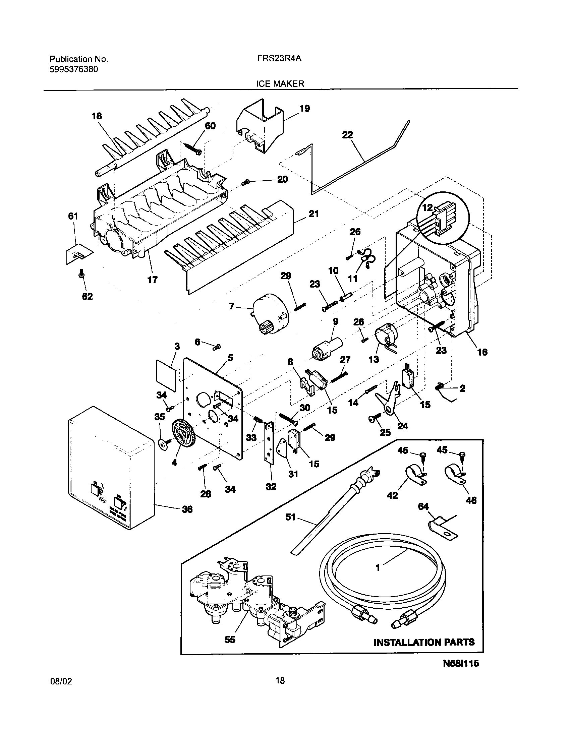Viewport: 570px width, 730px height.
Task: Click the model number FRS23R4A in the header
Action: tap(279, 59)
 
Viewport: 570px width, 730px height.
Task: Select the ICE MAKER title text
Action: tap(280, 84)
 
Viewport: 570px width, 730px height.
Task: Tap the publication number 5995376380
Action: tap(74, 69)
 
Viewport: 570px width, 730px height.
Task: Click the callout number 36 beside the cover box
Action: tap(187, 509)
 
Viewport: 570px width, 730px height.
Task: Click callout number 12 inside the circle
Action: tap(427, 208)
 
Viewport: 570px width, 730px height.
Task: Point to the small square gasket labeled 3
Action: tap(166, 375)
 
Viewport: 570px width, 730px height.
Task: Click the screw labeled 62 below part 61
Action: tap(81, 275)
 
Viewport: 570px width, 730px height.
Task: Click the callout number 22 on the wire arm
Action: tap(347, 135)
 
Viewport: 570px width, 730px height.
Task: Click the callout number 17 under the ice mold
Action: tap(152, 280)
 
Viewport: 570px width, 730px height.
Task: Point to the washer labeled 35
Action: tap(163, 444)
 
